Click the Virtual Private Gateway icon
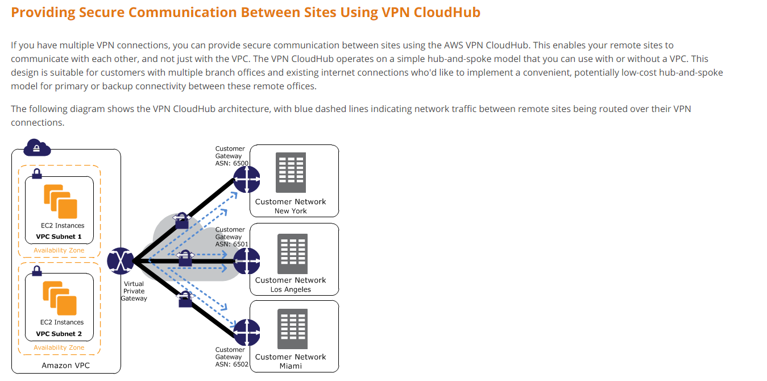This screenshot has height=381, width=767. (x=121, y=261)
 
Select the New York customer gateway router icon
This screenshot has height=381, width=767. (x=246, y=179)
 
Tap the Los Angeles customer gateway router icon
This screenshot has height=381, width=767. (x=246, y=261)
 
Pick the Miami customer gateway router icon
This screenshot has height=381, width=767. (x=246, y=333)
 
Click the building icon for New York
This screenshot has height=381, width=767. (x=291, y=172)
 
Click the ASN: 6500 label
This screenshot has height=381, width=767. (x=232, y=163)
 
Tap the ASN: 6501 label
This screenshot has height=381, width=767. (x=232, y=244)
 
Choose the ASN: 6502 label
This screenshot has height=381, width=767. (x=232, y=365)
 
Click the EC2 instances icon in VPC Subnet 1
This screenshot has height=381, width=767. (x=60, y=201)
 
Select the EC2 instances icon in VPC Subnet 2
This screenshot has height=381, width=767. (x=60, y=298)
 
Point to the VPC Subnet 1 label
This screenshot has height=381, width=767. (x=59, y=237)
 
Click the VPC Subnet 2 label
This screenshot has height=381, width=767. (x=59, y=334)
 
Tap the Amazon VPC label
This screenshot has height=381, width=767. (x=66, y=366)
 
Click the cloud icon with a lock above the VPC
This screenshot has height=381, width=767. (x=37, y=148)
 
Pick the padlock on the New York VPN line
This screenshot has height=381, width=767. (x=181, y=220)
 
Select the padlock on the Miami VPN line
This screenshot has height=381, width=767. (x=185, y=299)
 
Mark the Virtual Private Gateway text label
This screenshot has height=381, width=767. (x=134, y=291)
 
